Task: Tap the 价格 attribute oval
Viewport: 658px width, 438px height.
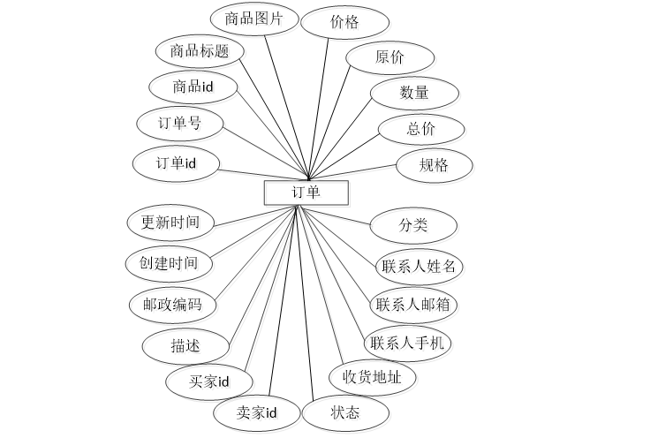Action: (344, 23)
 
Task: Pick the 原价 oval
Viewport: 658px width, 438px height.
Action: (390, 58)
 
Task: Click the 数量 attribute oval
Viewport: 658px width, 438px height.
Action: (413, 93)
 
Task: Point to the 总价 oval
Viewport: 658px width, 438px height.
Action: (421, 129)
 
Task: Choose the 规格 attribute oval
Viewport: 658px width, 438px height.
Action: (434, 165)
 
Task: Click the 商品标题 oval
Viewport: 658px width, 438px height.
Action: (200, 51)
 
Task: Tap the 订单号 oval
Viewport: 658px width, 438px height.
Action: (180, 124)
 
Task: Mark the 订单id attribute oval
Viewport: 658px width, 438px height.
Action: (176, 163)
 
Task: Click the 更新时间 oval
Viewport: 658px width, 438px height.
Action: (170, 223)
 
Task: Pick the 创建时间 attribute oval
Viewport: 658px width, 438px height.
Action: (169, 263)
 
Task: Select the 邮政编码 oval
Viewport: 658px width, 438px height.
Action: (173, 306)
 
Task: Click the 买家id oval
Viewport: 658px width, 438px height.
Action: (209, 381)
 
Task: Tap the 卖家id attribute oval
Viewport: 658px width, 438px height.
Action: (257, 412)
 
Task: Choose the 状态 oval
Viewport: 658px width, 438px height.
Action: (345, 412)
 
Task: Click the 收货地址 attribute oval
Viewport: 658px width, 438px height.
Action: (372, 378)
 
